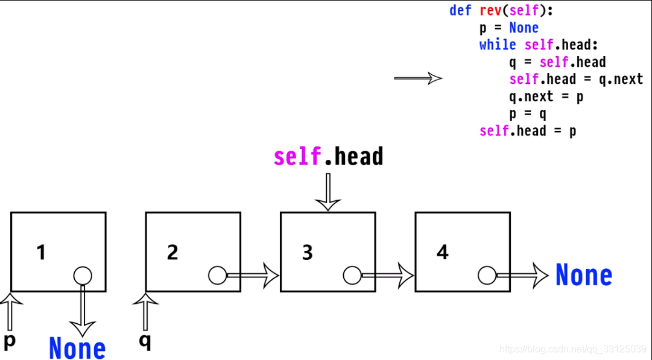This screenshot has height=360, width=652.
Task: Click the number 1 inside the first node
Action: click(x=41, y=252)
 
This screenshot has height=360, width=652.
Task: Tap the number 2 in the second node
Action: click(x=172, y=252)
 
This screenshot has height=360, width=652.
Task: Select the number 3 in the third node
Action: click(x=308, y=252)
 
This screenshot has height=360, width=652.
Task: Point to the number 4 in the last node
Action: click(x=443, y=252)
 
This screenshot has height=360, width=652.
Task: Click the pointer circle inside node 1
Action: click(x=83, y=276)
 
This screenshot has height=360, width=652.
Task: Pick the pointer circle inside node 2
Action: click(x=217, y=276)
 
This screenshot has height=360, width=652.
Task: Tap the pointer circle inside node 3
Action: click(x=352, y=276)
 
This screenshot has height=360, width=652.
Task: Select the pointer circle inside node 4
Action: click(x=487, y=276)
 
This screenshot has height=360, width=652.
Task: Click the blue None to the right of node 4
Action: click(x=583, y=276)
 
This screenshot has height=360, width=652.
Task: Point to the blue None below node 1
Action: click(x=77, y=348)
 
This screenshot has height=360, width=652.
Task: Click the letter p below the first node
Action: click(x=10, y=340)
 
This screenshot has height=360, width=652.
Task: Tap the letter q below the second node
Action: click(x=145, y=340)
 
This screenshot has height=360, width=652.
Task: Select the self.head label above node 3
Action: click(x=328, y=157)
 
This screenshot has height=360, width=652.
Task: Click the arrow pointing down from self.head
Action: click(x=328, y=192)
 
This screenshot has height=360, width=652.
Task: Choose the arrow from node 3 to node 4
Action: click(x=387, y=276)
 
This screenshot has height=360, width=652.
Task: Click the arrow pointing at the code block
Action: click(x=418, y=78)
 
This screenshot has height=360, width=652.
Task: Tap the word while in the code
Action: click(x=498, y=45)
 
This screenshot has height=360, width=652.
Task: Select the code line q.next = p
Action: click(x=546, y=96)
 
